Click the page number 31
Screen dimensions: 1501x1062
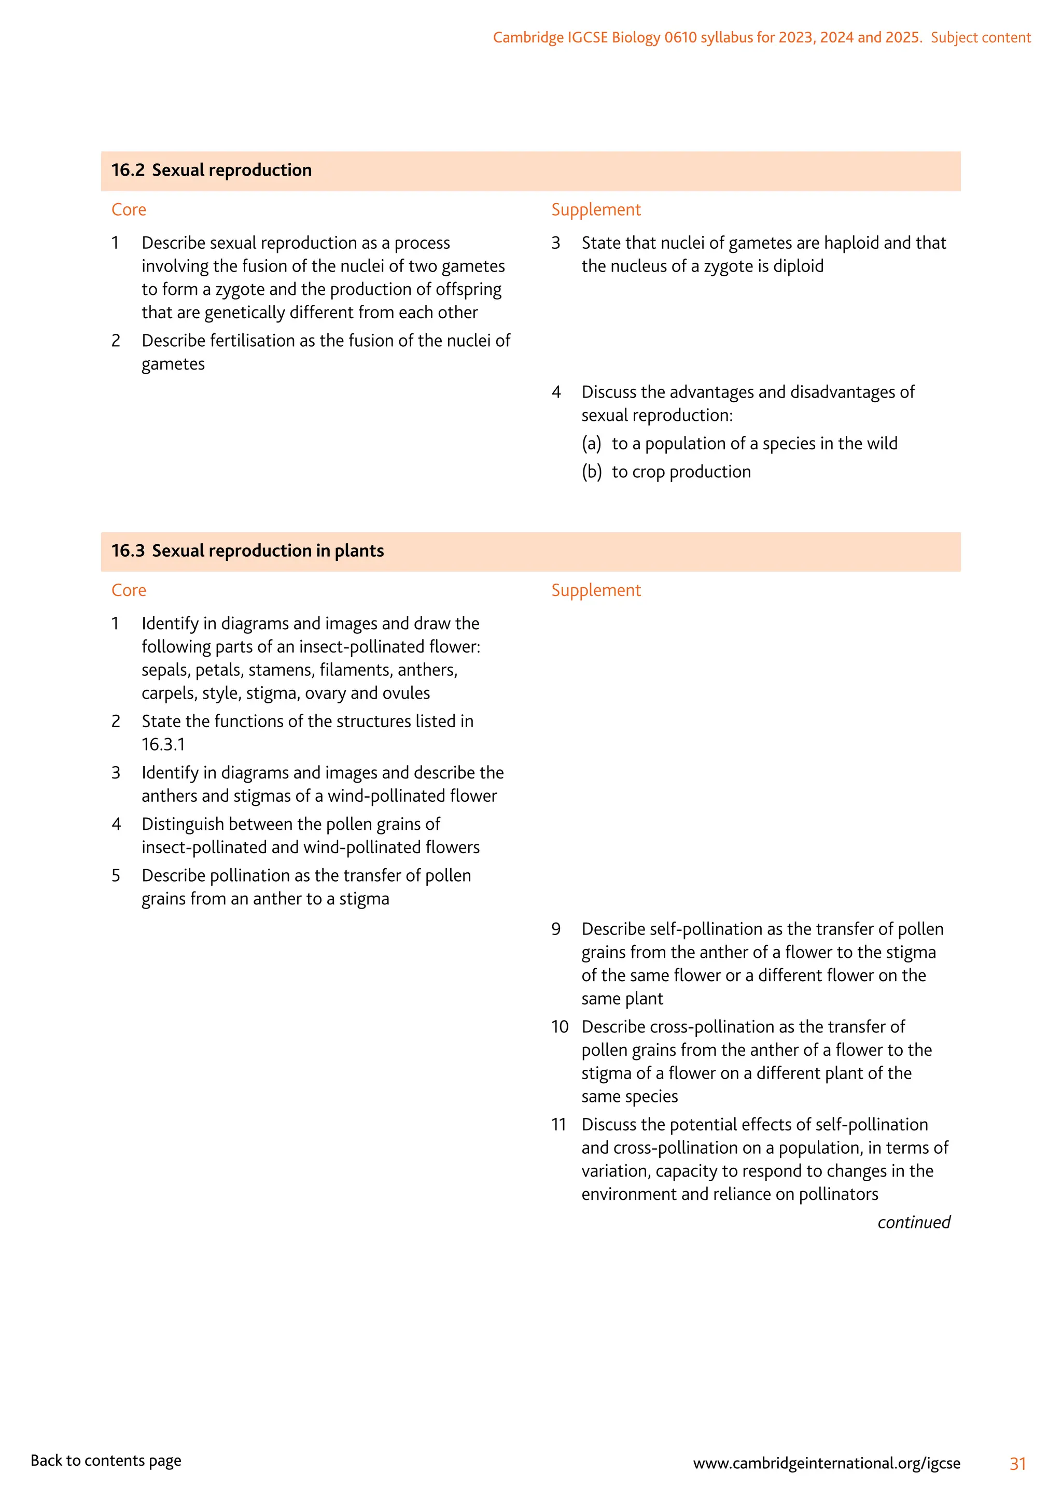coord(1017,1464)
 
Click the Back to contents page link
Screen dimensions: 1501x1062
coord(106,1461)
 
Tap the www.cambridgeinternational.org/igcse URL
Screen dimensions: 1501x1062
coord(827,1463)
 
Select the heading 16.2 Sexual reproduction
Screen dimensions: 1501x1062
coord(211,171)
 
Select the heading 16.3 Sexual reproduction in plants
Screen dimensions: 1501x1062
coord(247,551)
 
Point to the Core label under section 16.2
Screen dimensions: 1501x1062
coord(129,210)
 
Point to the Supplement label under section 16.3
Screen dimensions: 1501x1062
coord(596,590)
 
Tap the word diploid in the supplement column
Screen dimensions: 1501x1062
coord(799,266)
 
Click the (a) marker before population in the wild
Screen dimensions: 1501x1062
coord(591,444)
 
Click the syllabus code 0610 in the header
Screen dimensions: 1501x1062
coord(680,38)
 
